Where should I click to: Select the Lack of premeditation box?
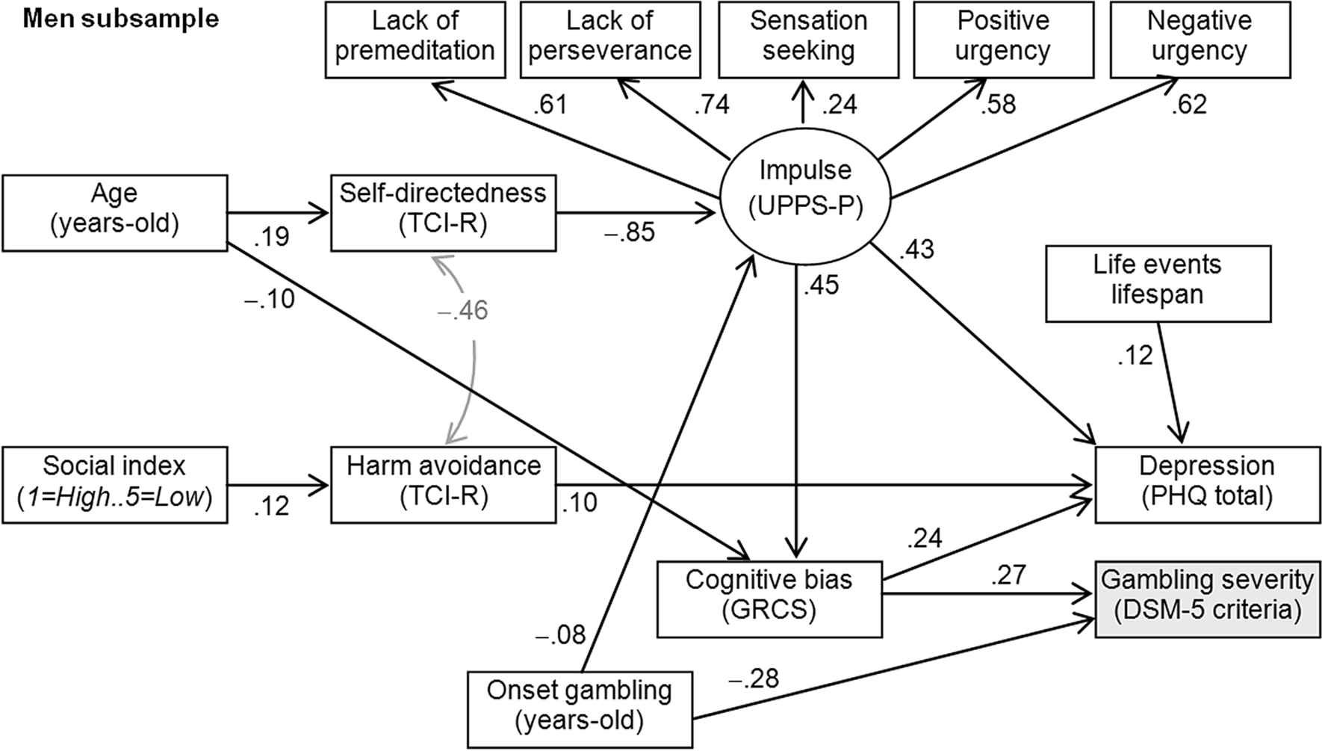coord(415,37)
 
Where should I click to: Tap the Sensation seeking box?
coord(808,37)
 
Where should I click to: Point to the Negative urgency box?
coord(1200,37)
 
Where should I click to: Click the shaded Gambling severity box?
coord(1207,595)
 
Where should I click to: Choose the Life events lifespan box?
coord(1157,279)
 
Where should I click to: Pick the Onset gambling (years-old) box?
coord(579,706)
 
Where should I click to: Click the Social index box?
coord(114,481)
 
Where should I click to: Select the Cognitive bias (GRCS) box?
coord(769,596)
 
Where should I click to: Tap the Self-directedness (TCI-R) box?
coord(443,209)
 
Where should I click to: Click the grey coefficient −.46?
coord(462,309)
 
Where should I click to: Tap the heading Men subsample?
coord(121,19)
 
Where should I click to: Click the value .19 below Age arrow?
coord(271,237)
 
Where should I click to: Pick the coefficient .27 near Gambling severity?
coord(1008,575)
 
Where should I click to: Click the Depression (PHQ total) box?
coord(1207,481)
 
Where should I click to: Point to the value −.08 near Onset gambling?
coord(560,634)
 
